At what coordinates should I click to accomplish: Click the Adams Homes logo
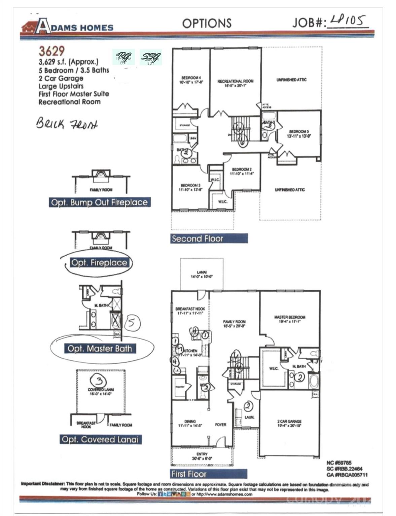click(x=67, y=26)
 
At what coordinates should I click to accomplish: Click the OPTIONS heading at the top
click(x=207, y=23)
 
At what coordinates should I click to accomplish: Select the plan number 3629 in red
click(x=51, y=51)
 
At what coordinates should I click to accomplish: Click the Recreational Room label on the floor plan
click(x=235, y=83)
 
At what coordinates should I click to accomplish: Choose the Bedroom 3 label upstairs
click(x=190, y=187)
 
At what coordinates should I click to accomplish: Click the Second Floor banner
click(x=209, y=239)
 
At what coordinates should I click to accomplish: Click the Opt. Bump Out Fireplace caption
click(x=99, y=202)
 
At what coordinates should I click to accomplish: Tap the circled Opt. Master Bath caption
click(x=100, y=348)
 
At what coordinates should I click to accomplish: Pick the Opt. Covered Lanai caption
click(x=100, y=439)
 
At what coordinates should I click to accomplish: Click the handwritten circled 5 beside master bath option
click(x=132, y=323)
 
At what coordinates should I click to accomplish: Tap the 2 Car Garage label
click(x=289, y=423)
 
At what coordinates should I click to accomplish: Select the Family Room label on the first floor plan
click(x=234, y=324)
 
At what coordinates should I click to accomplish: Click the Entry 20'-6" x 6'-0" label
click(x=202, y=456)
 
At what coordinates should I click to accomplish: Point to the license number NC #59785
click(x=339, y=463)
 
